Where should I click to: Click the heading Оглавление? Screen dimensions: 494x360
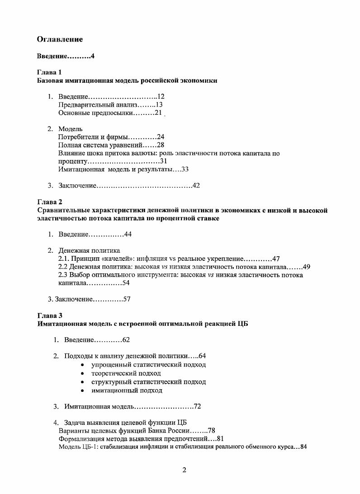tap(60, 39)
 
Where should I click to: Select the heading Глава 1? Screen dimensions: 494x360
tap(49, 72)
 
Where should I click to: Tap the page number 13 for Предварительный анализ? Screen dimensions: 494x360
tap(159, 104)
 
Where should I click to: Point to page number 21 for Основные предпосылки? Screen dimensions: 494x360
tap(158, 113)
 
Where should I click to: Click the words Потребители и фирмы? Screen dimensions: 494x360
tap(93, 136)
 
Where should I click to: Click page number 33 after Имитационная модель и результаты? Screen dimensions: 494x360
tap(185, 169)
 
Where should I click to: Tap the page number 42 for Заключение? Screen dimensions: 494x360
tap(196, 185)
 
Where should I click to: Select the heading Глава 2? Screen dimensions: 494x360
tap(49, 202)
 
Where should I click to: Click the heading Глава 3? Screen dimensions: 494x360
tap(49, 316)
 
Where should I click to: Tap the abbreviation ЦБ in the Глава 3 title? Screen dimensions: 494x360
tap(242, 324)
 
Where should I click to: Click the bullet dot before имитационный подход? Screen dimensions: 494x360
tap(82, 390)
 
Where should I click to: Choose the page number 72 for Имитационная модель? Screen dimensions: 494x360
tap(197, 406)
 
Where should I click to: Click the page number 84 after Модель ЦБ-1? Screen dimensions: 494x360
tap(303, 447)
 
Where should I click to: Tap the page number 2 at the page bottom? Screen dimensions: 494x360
tap(184, 470)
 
